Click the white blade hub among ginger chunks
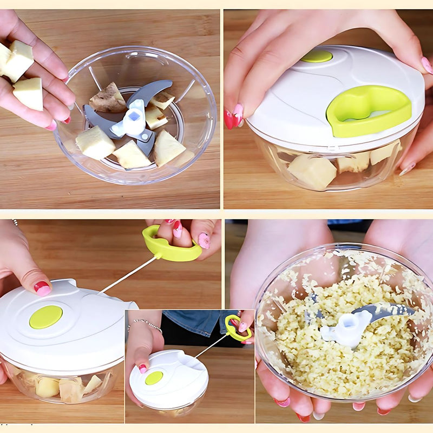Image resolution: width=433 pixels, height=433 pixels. [x=131, y=121]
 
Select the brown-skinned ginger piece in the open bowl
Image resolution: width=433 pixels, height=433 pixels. [x=108, y=99]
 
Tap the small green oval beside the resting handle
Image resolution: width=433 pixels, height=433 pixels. [x=317, y=56]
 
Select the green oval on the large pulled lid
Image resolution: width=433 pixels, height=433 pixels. [x=45, y=317]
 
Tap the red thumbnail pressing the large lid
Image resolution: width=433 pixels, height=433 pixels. [x=42, y=287]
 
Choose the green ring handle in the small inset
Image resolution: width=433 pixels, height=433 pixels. [x=238, y=328]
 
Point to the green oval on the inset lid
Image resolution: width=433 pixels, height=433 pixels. [x=154, y=378]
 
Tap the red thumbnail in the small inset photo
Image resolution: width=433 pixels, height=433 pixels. [x=142, y=368]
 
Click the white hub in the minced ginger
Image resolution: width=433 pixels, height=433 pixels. [x=347, y=328]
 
